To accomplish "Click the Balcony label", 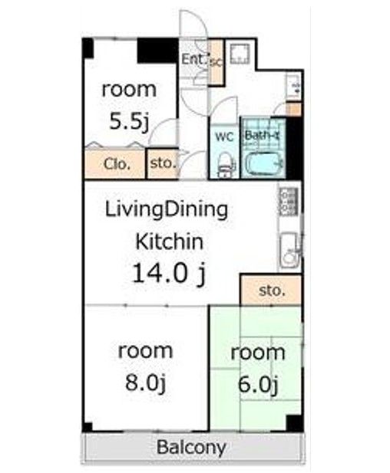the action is tap(191, 447).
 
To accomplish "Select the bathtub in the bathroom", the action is tap(264, 163).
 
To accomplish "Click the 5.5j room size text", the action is tap(129, 120).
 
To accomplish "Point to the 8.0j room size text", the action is tap(146, 383).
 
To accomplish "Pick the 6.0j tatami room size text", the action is tap(258, 384).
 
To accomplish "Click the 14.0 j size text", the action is tap(169, 274).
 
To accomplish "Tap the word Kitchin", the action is tap(169, 241).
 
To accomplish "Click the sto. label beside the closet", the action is tap(163, 163).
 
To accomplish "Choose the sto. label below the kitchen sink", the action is tap(272, 291).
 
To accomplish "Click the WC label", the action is tap(224, 136).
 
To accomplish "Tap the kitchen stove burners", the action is tap(288, 201).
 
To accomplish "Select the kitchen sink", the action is tap(289, 250).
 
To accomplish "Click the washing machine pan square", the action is tap(240, 54).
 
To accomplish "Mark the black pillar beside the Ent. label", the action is tap(157, 51).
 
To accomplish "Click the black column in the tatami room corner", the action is tap(294, 423).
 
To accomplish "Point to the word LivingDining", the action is tap(166, 210).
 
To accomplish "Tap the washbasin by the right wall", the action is tap(293, 87).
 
